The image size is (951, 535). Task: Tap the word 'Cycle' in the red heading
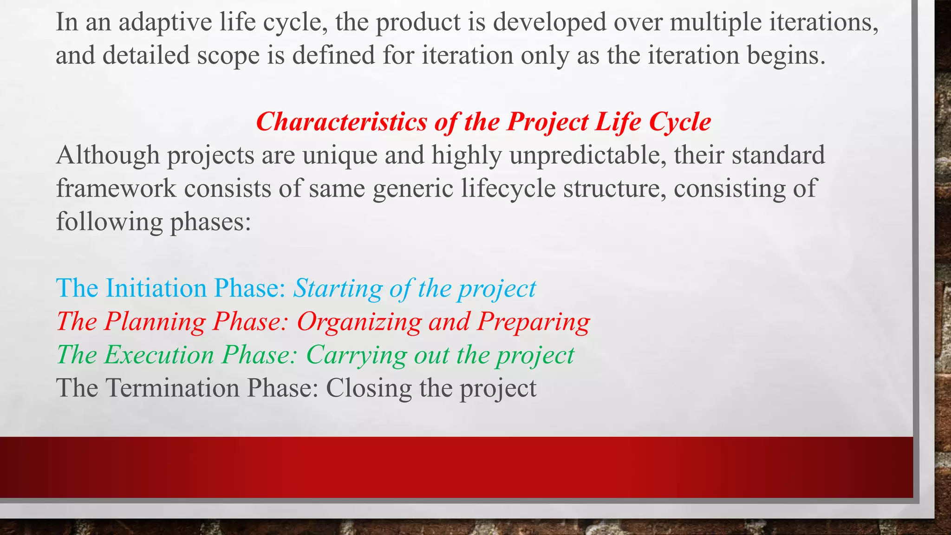tap(680, 122)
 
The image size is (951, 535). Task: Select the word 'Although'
tap(108, 155)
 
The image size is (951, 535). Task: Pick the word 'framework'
tap(116, 189)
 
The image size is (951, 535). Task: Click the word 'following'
tap(110, 222)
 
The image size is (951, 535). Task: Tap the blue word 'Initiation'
tap(156, 288)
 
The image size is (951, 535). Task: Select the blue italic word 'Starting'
tap(338, 288)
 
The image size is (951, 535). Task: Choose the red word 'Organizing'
tap(359, 321)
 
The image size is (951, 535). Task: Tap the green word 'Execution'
tap(159, 355)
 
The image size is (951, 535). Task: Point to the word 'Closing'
tap(369, 388)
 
